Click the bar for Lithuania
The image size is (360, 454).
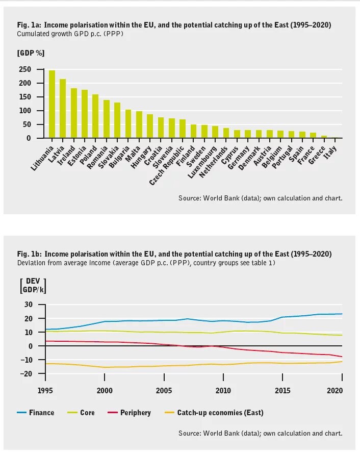[52, 104]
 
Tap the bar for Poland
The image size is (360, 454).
[95, 116]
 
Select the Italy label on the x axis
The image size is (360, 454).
[335, 148]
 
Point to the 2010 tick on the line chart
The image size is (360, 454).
[223, 390]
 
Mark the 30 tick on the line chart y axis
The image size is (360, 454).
[28, 305]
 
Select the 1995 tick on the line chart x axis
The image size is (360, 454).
[45, 390]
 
